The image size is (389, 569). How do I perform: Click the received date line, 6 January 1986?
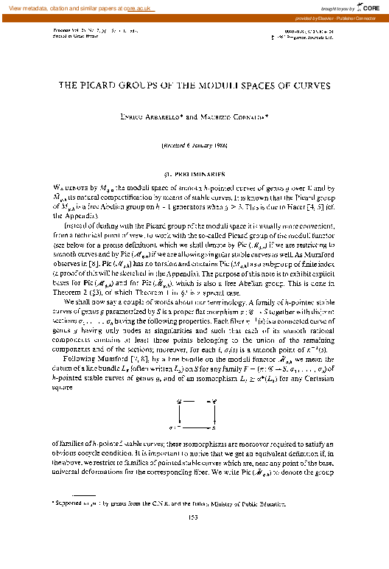click(x=194, y=147)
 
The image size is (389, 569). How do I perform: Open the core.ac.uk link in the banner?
click(x=150, y=6)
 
